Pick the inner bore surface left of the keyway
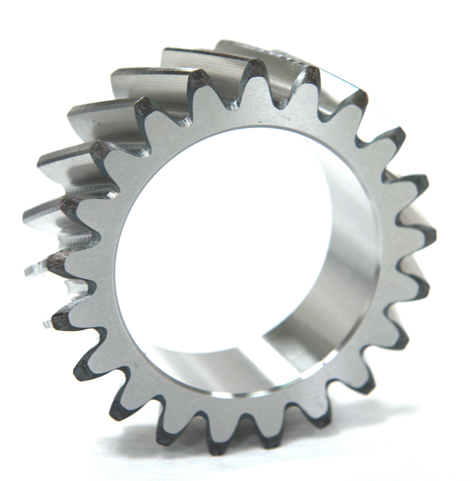196,361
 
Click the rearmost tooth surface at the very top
237,47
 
